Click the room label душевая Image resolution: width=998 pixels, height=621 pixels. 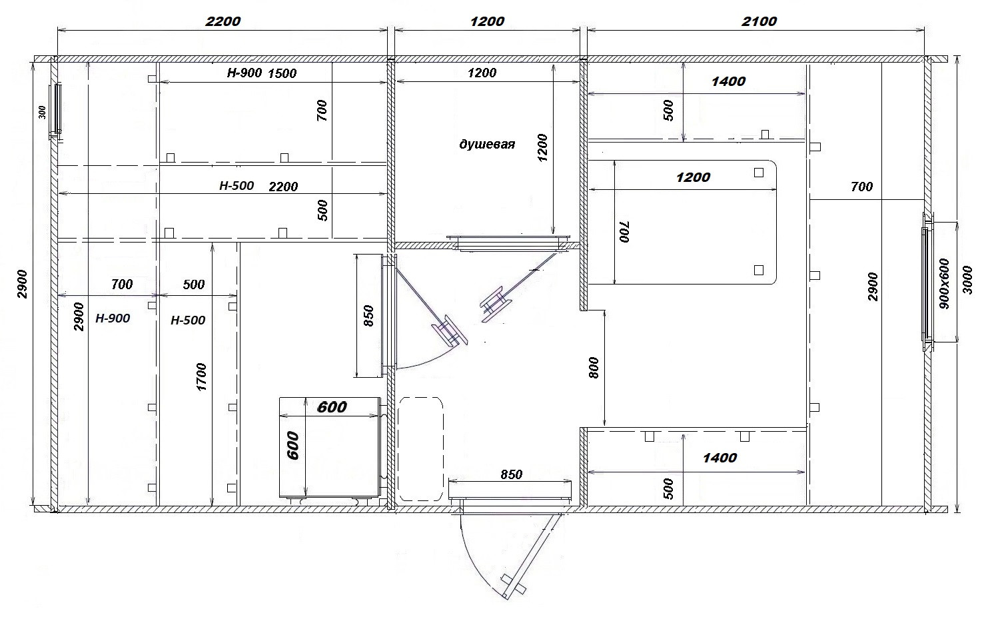pyautogui.click(x=487, y=145)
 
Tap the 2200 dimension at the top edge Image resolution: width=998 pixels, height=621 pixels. pyautogui.click(x=223, y=21)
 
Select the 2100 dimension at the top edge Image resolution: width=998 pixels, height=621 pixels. pyautogui.click(x=759, y=21)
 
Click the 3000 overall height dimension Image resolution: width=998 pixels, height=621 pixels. pyautogui.click(x=967, y=280)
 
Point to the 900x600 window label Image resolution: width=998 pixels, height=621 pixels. pyautogui.click(x=943, y=284)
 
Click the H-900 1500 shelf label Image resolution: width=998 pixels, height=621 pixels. pyautogui.click(x=262, y=73)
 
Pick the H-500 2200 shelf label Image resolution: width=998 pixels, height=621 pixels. pyautogui.click(x=258, y=186)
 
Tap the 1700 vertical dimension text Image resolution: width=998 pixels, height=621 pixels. pyautogui.click(x=201, y=377)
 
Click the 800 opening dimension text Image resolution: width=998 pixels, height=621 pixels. pyautogui.click(x=594, y=368)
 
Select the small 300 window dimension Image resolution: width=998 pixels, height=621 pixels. pyautogui.click(x=43, y=112)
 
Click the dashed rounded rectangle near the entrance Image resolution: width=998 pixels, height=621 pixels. pyautogui.click(x=420, y=448)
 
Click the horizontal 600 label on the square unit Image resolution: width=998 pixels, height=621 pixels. pyautogui.click(x=332, y=406)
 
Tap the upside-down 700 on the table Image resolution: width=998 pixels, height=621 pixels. pyautogui.click(x=624, y=231)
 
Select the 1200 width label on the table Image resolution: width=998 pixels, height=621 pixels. pyautogui.click(x=693, y=177)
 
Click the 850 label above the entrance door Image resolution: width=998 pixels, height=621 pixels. pyautogui.click(x=511, y=474)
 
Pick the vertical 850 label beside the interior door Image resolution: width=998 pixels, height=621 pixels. pyautogui.click(x=368, y=315)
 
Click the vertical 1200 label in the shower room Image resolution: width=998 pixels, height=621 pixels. pyautogui.click(x=542, y=147)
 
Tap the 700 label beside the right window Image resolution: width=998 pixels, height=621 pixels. pyautogui.click(x=861, y=186)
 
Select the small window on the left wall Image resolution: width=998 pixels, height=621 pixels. pyautogui.click(x=57, y=109)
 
